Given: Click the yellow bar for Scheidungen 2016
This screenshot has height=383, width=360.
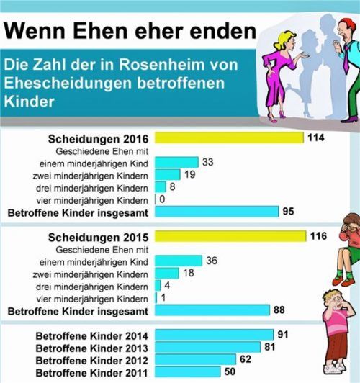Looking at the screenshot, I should [229, 138].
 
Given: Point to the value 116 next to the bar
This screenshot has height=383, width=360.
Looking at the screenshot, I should [318, 237].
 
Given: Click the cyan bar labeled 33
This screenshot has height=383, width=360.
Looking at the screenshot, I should [176, 163].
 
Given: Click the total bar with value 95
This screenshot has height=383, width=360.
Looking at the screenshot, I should [216, 212].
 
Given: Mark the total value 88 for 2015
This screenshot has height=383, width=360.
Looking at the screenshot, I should [279, 310].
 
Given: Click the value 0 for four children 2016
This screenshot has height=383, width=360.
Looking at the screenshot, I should [165, 199].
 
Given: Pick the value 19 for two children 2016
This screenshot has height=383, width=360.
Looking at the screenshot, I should [191, 175].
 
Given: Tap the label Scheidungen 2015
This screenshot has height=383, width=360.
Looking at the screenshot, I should [99, 237].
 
